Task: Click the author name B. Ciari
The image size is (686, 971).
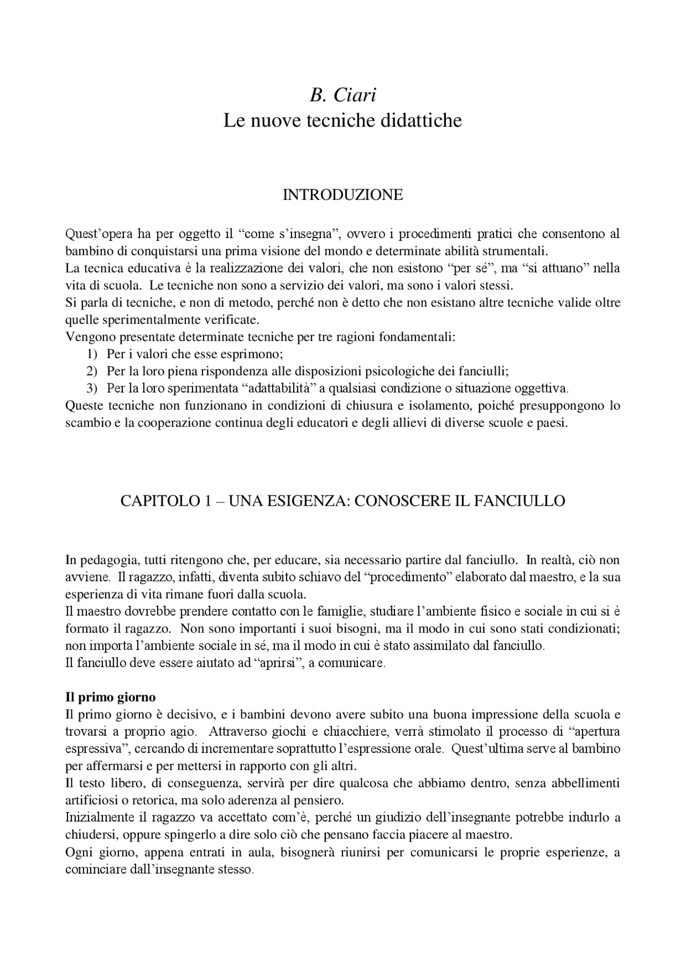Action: coord(342,95)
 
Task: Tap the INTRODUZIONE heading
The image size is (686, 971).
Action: coord(342,195)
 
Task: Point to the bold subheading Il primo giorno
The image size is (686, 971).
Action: coord(110,698)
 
